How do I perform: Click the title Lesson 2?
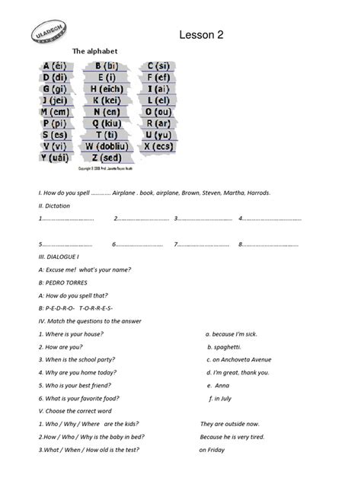coord(201,34)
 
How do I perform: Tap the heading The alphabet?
coord(94,52)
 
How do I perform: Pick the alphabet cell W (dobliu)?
coord(105,146)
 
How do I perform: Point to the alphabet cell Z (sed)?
coord(106,158)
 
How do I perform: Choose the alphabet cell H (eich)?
coord(106,89)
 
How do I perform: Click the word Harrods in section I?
coord(257,193)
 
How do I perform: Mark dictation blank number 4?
coord(270,218)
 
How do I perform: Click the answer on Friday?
coord(212,450)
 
